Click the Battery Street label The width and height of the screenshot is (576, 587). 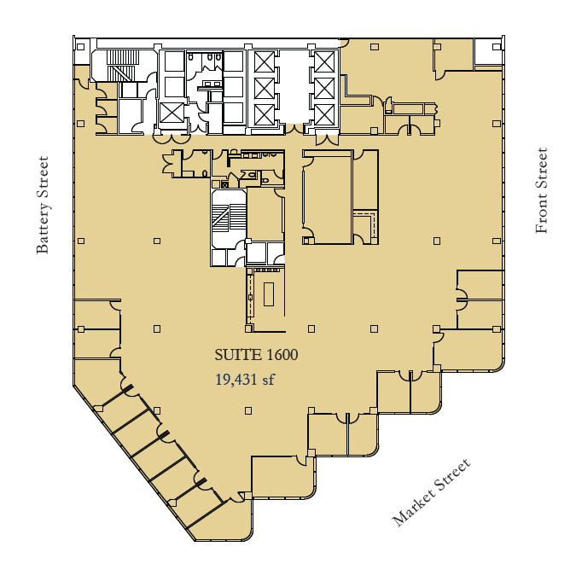[44, 205]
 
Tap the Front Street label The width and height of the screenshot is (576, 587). [541, 191]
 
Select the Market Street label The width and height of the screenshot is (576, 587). [431, 492]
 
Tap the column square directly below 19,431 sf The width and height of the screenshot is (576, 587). [247, 410]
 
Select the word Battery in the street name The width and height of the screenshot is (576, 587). [44, 230]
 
